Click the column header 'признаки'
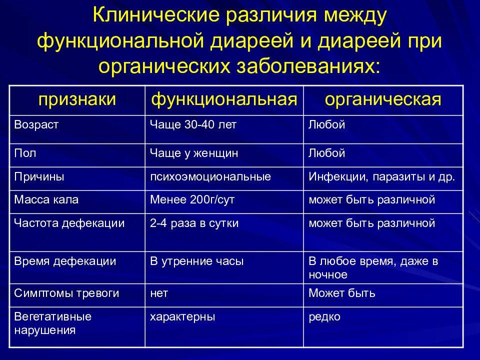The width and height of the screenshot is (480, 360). tap(77, 100)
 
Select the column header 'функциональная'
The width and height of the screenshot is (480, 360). tap(224, 100)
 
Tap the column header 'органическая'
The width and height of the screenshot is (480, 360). tap(383, 100)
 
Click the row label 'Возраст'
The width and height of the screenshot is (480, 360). tap(36, 125)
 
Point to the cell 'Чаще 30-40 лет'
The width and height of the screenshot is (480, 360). tap(193, 124)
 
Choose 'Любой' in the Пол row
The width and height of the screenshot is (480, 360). tap(326, 153)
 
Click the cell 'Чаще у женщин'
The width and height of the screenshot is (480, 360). tap(194, 153)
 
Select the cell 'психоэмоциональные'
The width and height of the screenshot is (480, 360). tap(210, 176)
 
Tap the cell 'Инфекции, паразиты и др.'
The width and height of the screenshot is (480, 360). tap(381, 176)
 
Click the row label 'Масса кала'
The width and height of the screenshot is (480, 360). tap(46, 199)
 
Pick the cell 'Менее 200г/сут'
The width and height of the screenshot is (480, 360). tap(192, 199)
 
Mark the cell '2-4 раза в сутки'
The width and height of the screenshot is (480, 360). tap(194, 223)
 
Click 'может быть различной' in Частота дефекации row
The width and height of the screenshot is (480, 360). tap(371, 223)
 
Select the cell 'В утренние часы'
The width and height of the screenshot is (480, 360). tap(197, 261)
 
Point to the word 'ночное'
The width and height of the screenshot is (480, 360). tap(328, 274)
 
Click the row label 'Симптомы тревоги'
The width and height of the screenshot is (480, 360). tap(66, 293)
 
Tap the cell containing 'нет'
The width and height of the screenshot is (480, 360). tap(159, 293)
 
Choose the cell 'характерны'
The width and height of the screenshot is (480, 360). tap(182, 317)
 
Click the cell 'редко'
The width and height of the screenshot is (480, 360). tap(324, 317)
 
